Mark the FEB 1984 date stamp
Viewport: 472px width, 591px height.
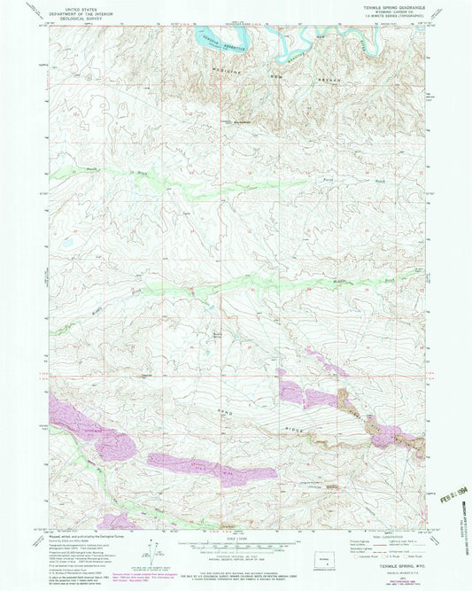click(453, 509)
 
